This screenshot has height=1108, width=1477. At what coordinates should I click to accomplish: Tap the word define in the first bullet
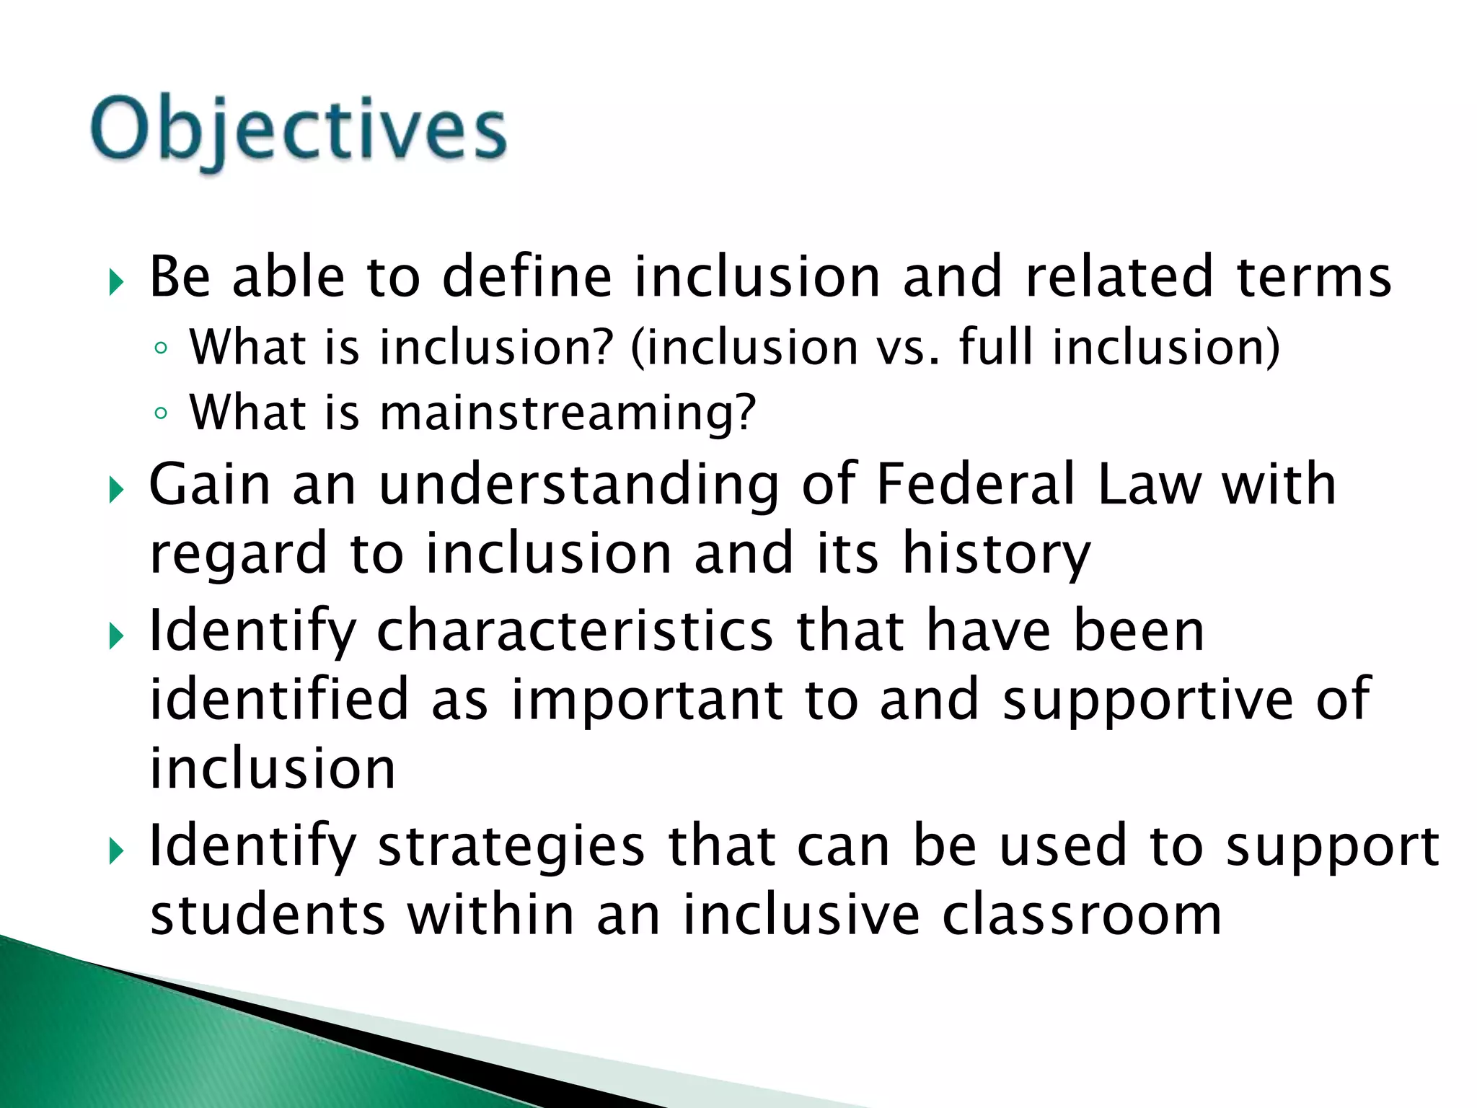pyautogui.click(x=526, y=277)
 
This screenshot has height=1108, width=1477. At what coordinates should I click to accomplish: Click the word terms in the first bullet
pyautogui.click(x=1314, y=277)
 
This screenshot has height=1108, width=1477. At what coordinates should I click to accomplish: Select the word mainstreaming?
pyautogui.click(x=567, y=413)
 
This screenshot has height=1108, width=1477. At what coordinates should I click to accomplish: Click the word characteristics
pyautogui.click(x=575, y=630)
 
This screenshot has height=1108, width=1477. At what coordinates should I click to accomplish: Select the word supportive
pyautogui.click(x=1149, y=699)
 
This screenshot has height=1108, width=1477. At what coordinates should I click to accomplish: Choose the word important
pyautogui.click(x=647, y=700)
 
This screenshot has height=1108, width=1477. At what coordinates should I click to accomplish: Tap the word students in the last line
pyautogui.click(x=268, y=915)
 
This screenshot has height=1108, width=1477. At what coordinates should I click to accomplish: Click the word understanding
pyautogui.click(x=579, y=485)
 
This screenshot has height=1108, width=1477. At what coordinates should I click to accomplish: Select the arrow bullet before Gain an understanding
pyautogui.click(x=116, y=491)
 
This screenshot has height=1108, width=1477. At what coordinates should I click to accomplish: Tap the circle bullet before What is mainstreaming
pyautogui.click(x=161, y=414)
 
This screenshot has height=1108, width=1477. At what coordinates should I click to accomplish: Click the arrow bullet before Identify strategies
pyautogui.click(x=116, y=853)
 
